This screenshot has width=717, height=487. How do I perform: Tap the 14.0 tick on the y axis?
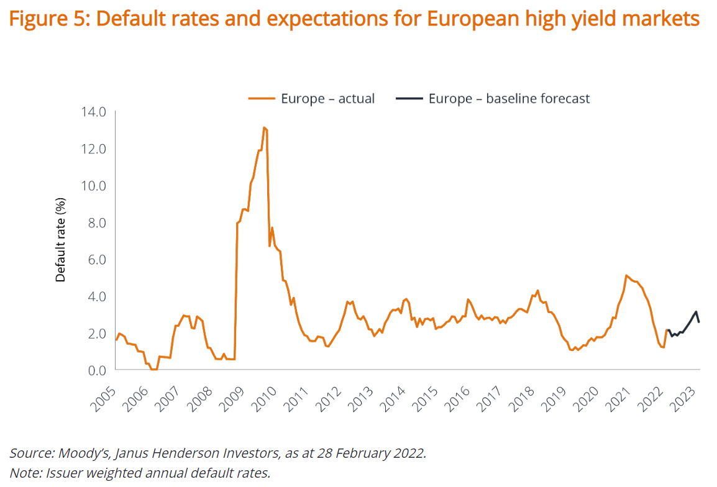point(94,112)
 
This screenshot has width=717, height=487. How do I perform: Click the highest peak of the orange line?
point(264,127)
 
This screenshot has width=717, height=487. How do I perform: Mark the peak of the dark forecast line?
point(696,311)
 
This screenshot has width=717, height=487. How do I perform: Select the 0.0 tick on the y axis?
point(94,370)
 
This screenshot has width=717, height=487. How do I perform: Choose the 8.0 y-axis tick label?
point(94,222)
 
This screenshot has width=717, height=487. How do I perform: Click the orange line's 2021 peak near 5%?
point(626,275)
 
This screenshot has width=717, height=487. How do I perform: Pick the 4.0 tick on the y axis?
point(94,296)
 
